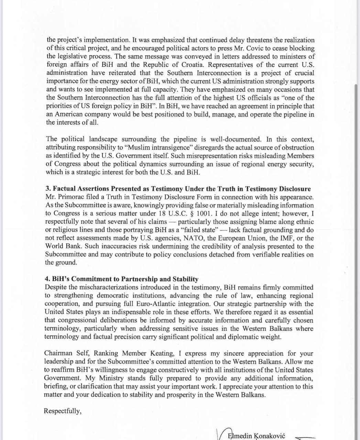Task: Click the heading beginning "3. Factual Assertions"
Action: pyautogui.click(x=178, y=189)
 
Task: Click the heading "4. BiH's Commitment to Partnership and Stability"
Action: pyautogui.click(x=122, y=279)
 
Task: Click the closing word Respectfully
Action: pyautogui.click(x=62, y=411)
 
